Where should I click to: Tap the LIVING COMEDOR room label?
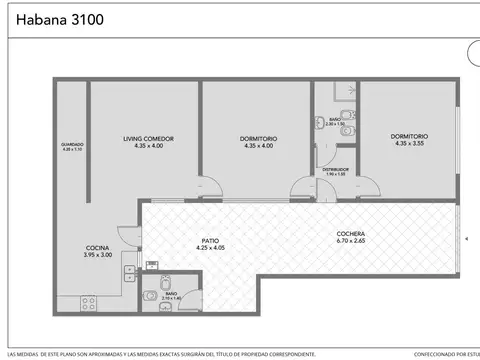(149, 138)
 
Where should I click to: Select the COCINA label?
(97, 248)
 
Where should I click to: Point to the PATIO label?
(210, 240)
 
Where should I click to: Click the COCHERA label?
(351, 233)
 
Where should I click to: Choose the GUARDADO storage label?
(72, 144)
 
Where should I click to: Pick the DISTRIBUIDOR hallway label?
(335, 170)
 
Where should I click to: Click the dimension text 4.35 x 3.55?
(410, 144)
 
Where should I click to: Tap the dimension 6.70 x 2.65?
(351, 241)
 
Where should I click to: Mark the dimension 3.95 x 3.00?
(97, 256)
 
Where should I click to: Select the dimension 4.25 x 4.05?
(210, 248)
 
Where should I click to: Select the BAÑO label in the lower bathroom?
(172, 293)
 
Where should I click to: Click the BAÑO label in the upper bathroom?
(335, 119)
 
